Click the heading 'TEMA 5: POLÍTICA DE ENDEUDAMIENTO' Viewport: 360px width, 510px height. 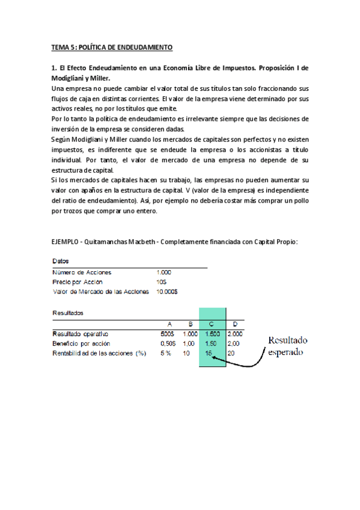click(112, 47)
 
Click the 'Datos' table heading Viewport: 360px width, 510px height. click(61, 262)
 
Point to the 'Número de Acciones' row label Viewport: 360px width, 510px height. click(82, 272)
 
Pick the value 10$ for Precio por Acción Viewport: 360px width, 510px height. click(160, 281)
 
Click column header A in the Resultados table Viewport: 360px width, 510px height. click(169, 324)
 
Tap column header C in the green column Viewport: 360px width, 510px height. click(212, 324)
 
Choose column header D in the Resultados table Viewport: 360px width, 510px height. click(235, 324)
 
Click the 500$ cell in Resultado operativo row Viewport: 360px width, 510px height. click(169, 334)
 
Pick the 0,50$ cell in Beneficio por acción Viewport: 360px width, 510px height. click(168, 343)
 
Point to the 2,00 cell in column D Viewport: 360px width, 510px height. click(234, 343)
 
